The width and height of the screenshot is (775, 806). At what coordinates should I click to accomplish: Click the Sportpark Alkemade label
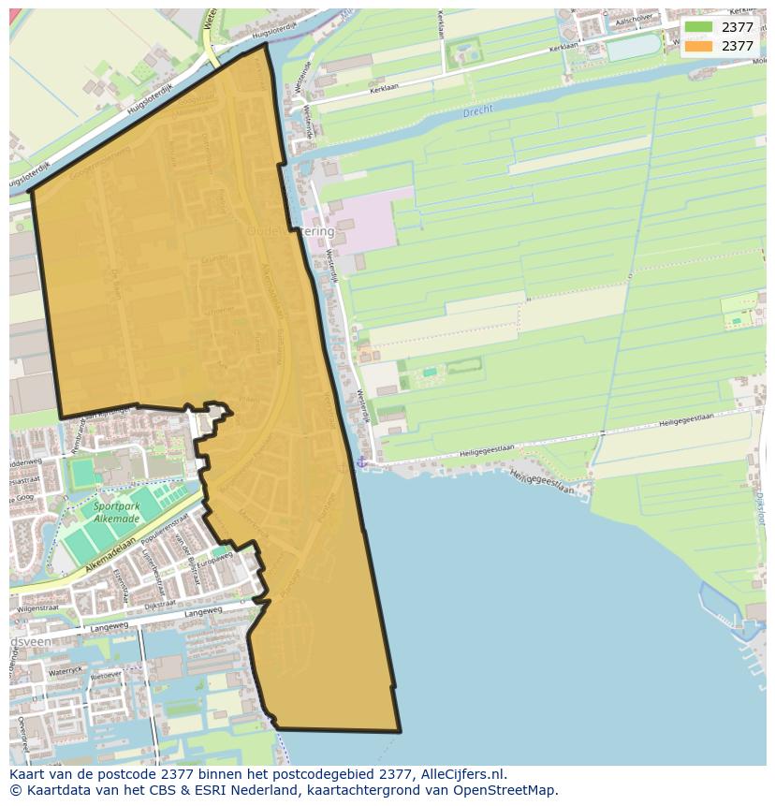(116, 512)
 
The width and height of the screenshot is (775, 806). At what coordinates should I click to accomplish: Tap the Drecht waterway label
(477, 112)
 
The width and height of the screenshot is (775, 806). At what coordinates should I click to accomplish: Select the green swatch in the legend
(697, 27)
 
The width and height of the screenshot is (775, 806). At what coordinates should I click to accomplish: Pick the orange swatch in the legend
(697, 46)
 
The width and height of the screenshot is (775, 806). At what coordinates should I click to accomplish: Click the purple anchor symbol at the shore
(360, 462)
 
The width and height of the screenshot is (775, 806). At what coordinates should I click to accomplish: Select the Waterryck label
(66, 670)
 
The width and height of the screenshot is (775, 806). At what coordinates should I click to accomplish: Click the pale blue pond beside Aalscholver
(633, 47)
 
